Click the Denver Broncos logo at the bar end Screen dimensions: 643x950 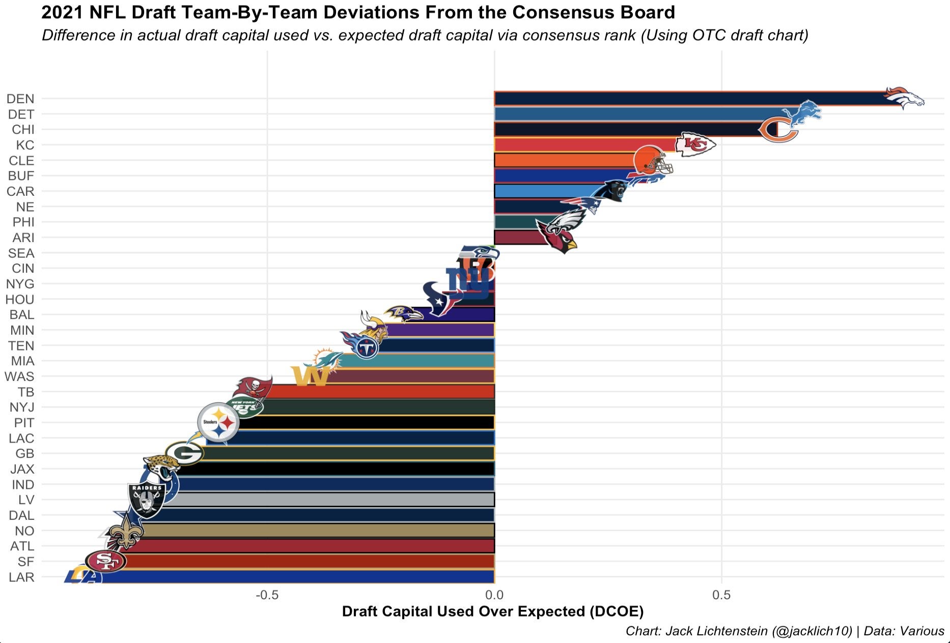click(x=904, y=98)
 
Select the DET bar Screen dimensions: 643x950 click(x=636, y=114)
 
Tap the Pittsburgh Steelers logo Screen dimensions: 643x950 click(x=218, y=422)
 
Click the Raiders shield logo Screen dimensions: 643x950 click(x=146, y=500)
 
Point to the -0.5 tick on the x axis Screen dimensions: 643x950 click(x=267, y=595)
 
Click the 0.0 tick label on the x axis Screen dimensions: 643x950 click(x=494, y=595)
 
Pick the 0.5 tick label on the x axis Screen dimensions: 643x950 click(x=721, y=595)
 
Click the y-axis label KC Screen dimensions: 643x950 click(x=25, y=145)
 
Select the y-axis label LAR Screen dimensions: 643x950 click(x=21, y=577)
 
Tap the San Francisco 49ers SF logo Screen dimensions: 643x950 click(x=105, y=562)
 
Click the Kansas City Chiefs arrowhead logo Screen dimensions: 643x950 click(x=695, y=144)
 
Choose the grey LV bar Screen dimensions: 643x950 click(x=331, y=500)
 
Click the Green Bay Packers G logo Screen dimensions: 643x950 click(x=184, y=453)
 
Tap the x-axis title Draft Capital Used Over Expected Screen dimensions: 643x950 click(x=492, y=611)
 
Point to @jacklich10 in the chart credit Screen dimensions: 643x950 click(x=812, y=631)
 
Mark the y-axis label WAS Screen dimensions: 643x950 click(x=19, y=376)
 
